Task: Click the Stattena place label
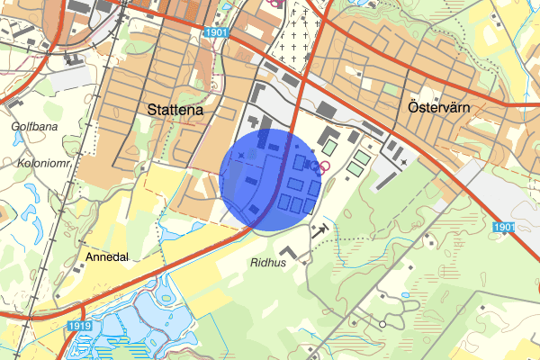tap(175, 110)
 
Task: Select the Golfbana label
tap(33, 127)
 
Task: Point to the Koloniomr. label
tap(41, 164)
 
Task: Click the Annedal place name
tap(107, 256)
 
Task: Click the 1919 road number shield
tap(80, 325)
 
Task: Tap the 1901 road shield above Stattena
tap(216, 32)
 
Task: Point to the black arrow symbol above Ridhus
tap(319, 229)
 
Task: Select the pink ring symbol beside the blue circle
tap(317, 166)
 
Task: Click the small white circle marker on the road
tap(382, 324)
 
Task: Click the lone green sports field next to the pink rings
tap(330, 144)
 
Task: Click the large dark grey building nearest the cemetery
tap(328, 110)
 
